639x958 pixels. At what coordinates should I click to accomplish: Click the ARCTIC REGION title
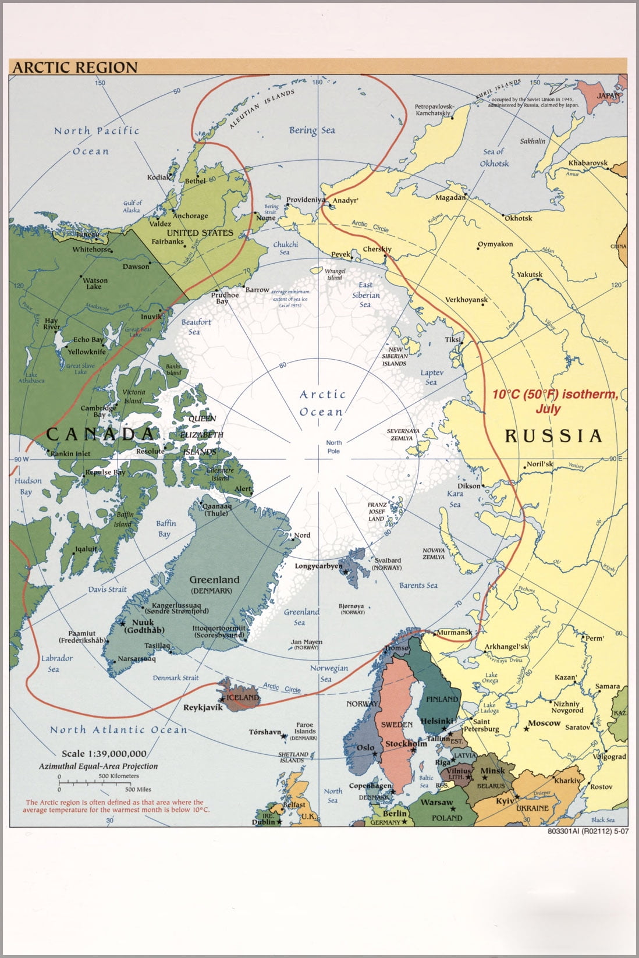coord(75,68)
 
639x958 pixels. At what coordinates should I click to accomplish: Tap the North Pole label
coord(333,447)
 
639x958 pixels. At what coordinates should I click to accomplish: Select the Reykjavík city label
coord(203,708)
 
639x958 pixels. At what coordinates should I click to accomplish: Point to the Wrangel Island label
coord(335,274)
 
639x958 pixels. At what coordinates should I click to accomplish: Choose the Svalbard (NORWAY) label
coord(387,563)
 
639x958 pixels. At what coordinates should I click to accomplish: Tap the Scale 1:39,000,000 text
coord(104,754)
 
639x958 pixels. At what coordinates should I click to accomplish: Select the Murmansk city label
coord(454,632)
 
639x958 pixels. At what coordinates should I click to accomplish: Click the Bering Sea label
coord(312,130)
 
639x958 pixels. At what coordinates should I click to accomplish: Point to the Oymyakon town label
coord(496,244)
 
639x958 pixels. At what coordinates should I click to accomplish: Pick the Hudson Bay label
coord(27,486)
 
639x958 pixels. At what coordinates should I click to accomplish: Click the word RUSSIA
coord(553,436)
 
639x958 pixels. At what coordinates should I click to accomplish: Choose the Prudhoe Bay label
coord(225,298)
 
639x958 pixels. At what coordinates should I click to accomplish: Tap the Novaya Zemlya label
coord(434,553)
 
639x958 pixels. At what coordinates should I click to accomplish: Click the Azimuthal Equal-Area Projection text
coord(98,766)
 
